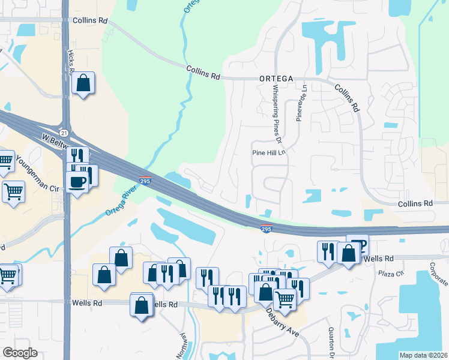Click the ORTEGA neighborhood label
point(276,79)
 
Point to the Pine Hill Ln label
point(271,153)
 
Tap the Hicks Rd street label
point(71,62)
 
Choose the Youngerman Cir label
point(38,175)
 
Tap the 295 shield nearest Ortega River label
point(145,180)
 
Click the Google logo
point(20,353)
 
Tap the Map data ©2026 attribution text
point(423,355)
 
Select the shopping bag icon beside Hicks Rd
point(83,83)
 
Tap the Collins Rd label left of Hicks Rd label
point(90,20)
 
